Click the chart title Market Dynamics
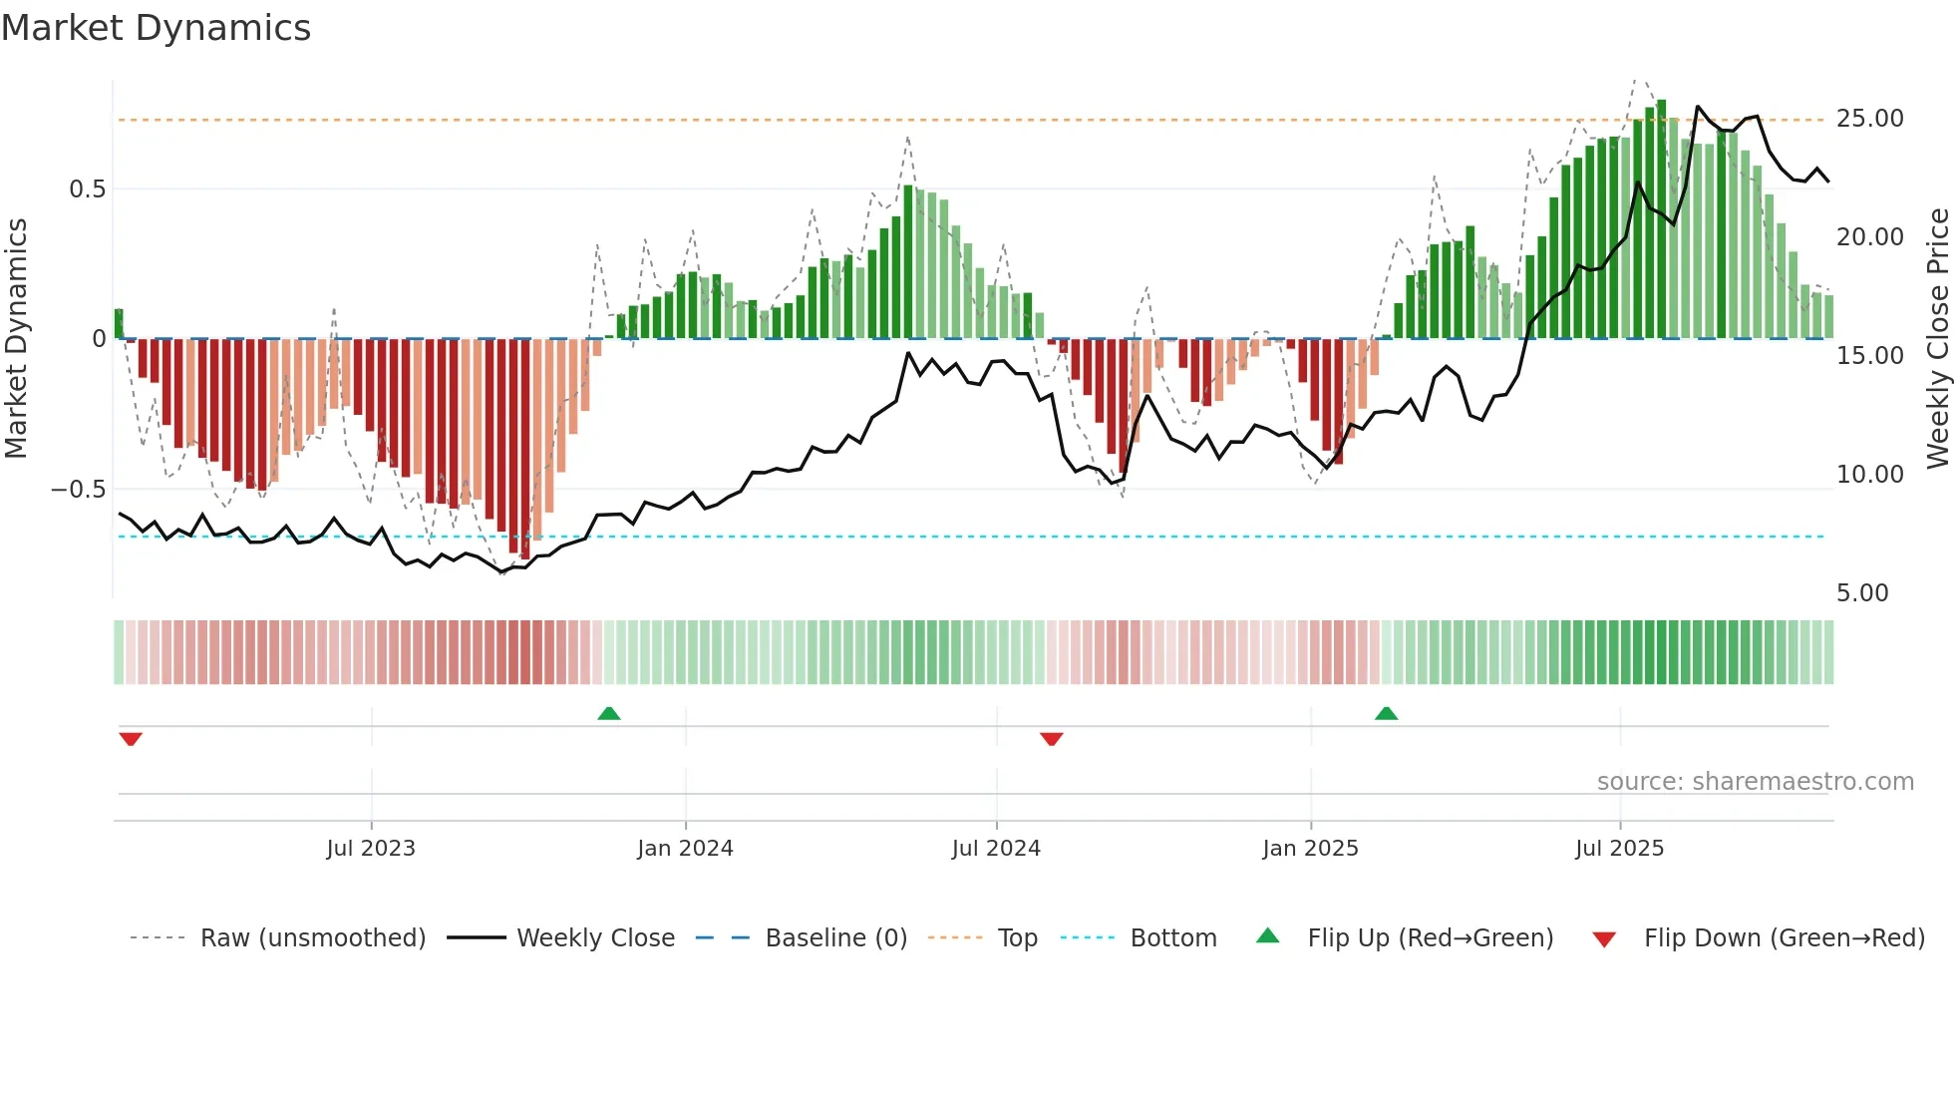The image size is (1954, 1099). pyautogui.click(x=157, y=28)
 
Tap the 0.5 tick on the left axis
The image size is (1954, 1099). pyautogui.click(x=87, y=189)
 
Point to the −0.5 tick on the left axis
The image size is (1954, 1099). pyautogui.click(x=78, y=490)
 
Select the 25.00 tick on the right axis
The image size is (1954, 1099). pyautogui.click(x=1869, y=119)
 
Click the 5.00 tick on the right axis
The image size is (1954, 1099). pyautogui.click(x=1861, y=593)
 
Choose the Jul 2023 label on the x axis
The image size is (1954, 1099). pyautogui.click(x=371, y=849)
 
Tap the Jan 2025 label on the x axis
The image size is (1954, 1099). pyautogui.click(x=1310, y=849)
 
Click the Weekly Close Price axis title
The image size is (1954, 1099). pyautogui.click(x=1937, y=339)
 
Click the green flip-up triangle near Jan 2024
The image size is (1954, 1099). pyautogui.click(x=609, y=714)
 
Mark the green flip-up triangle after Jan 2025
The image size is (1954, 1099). pyautogui.click(x=1386, y=714)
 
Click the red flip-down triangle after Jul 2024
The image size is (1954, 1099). pyautogui.click(x=1052, y=739)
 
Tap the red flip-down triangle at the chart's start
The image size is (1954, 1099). pyautogui.click(x=131, y=739)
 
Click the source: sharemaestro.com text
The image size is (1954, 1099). pyautogui.click(x=1755, y=782)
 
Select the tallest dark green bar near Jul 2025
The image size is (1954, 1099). pyautogui.click(x=1662, y=219)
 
